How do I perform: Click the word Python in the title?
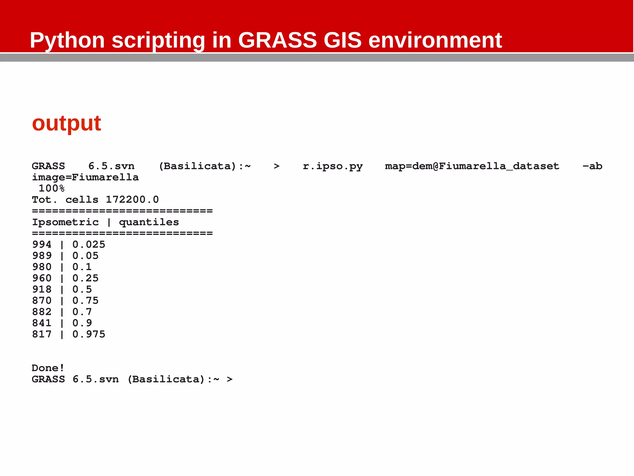(x=67, y=40)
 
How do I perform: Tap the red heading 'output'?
(x=67, y=123)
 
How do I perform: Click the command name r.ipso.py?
(x=332, y=166)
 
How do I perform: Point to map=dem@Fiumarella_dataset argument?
(x=472, y=166)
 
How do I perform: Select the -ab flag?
(x=592, y=166)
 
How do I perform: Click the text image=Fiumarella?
(x=85, y=177)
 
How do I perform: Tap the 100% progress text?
(x=51, y=188)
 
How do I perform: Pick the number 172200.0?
(x=132, y=200)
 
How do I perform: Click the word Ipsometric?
(x=65, y=222)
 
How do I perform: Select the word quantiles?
(x=149, y=222)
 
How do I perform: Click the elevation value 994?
(x=42, y=245)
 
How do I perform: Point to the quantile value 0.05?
(x=85, y=256)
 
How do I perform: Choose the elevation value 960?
(x=42, y=278)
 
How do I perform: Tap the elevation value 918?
(x=42, y=289)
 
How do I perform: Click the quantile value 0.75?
(x=85, y=300)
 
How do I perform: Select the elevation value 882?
(x=42, y=312)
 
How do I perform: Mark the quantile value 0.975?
(x=89, y=334)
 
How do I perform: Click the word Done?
(x=48, y=368)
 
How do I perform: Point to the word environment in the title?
(x=435, y=40)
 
